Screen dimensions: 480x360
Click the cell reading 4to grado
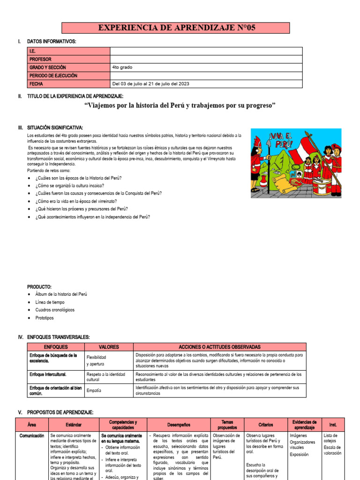coord(122,67)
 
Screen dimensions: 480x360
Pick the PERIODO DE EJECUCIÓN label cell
coord(53,75)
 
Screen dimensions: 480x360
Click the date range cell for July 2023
coord(151,84)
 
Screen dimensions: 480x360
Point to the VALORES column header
coord(109,347)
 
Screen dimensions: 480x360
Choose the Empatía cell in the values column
coord(94,390)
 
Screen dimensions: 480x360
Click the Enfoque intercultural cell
coord(48,375)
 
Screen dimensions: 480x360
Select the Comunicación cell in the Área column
coord(32,435)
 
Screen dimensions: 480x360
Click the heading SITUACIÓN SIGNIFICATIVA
coord(55,127)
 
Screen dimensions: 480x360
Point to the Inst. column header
coord(333,425)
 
